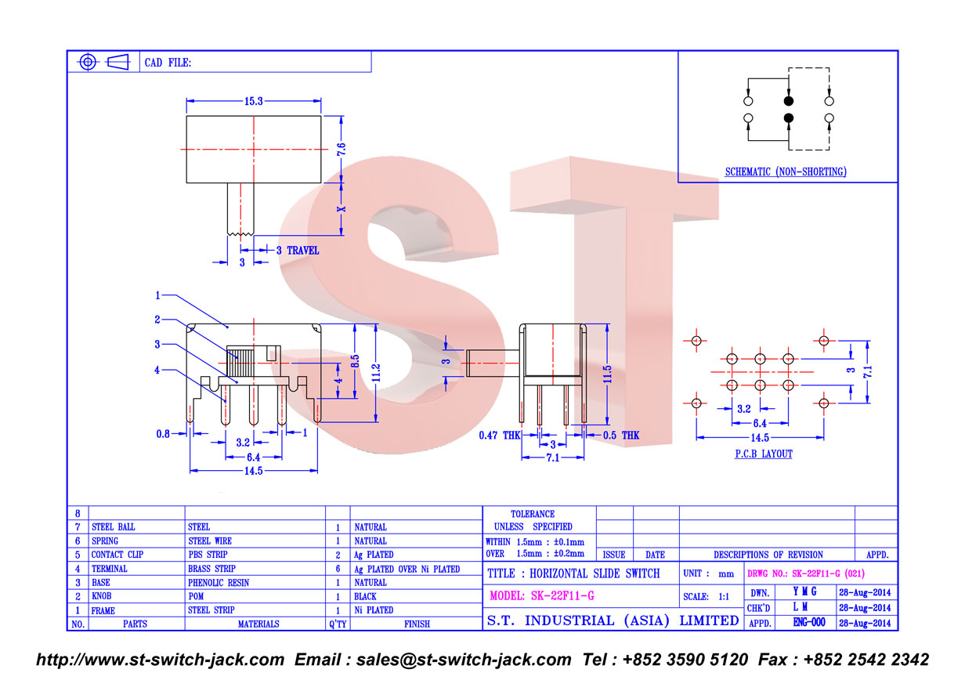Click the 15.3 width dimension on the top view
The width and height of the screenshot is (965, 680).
253,101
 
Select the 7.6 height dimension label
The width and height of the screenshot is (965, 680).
342,150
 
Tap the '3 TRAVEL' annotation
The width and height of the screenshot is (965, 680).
298,251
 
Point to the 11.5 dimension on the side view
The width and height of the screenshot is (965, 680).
608,374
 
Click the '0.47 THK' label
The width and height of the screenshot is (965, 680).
500,436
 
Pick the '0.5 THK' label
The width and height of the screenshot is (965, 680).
621,436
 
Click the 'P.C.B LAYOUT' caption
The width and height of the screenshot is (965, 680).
764,454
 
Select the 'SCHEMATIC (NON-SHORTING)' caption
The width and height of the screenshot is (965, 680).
786,172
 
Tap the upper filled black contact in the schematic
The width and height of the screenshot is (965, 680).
788,101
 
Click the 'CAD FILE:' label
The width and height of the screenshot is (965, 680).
168,63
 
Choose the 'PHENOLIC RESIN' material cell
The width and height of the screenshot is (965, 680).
219,583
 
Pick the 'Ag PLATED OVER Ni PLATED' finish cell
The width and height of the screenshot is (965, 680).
407,569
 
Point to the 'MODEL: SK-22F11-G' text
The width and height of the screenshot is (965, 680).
542,595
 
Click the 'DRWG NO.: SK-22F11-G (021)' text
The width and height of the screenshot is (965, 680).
806,573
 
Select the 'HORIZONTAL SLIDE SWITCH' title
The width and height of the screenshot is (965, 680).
595,573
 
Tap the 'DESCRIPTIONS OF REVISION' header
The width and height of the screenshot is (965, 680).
768,555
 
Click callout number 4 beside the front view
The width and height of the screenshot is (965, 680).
157,370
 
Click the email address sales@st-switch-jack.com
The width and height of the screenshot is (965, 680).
464,660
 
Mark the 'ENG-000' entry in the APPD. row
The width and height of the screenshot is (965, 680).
809,622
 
